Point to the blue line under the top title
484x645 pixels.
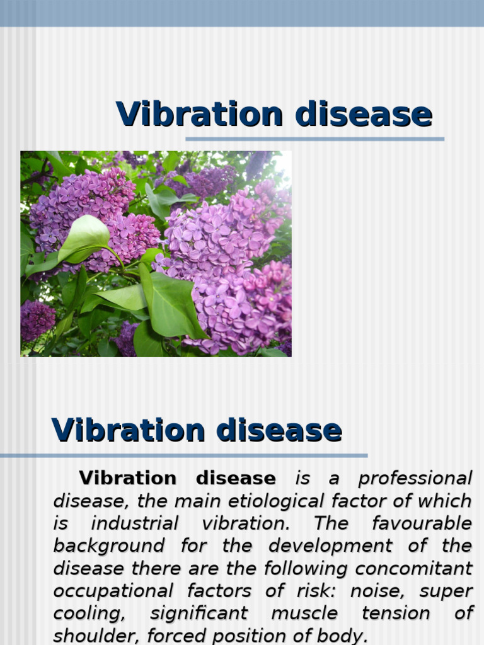pos(314,139)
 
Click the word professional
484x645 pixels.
pos(415,479)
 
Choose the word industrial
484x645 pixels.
pos(135,523)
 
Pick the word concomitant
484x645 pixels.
pos(413,568)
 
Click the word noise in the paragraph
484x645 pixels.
pos(375,591)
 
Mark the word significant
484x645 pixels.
pos(199,614)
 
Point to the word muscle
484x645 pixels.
pos(304,614)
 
